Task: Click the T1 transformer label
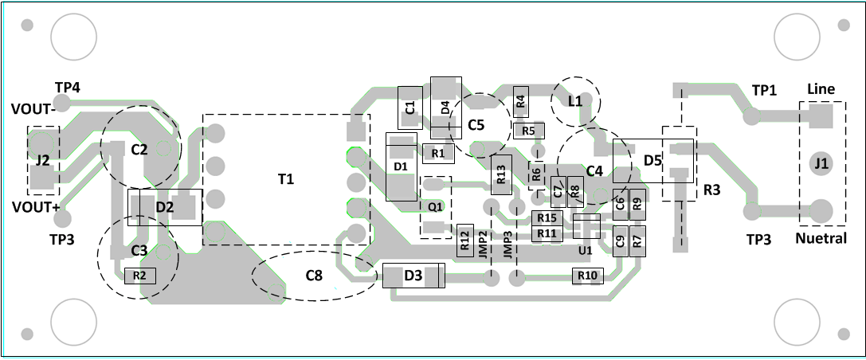(285, 180)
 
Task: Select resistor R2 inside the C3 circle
(139, 276)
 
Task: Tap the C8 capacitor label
(314, 276)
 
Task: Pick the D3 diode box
(413, 276)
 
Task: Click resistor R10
(588, 276)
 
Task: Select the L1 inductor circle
(575, 101)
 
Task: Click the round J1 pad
(821, 164)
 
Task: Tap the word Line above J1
(821, 89)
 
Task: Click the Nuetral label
(820, 238)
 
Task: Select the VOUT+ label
(35, 208)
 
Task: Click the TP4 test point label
(67, 87)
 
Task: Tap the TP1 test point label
(764, 90)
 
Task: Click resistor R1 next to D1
(437, 152)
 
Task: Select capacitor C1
(409, 108)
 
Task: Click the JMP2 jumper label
(484, 242)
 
